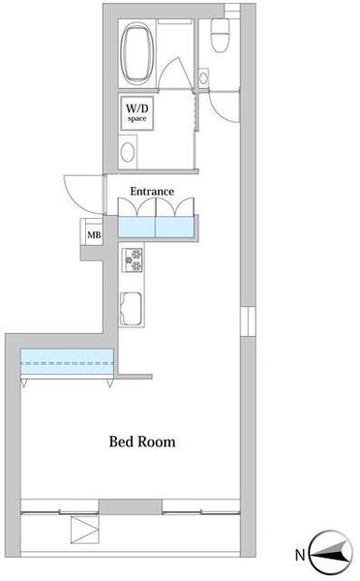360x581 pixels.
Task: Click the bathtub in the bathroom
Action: coord(137,53)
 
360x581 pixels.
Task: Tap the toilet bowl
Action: coord(220,35)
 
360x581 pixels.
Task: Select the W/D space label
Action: coord(137,112)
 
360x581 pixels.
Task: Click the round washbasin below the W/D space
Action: coord(128,152)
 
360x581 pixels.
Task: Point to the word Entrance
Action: coord(152,191)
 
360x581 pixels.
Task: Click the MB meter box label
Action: coord(94,235)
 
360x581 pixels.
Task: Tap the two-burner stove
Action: coord(133,260)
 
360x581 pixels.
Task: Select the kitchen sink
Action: coord(131,309)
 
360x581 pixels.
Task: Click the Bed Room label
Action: coord(142,442)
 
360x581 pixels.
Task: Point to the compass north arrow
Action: coord(331,554)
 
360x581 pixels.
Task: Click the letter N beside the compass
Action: coord(300,555)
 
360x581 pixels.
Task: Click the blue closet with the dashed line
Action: coord(67,362)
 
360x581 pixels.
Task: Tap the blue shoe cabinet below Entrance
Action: coord(156,227)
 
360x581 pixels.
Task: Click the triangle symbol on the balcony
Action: coord(85,530)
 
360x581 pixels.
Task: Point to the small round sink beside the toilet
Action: coord(203,78)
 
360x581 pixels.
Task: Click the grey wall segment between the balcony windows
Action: coord(131,506)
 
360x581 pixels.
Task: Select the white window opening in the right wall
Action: coord(248,321)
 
